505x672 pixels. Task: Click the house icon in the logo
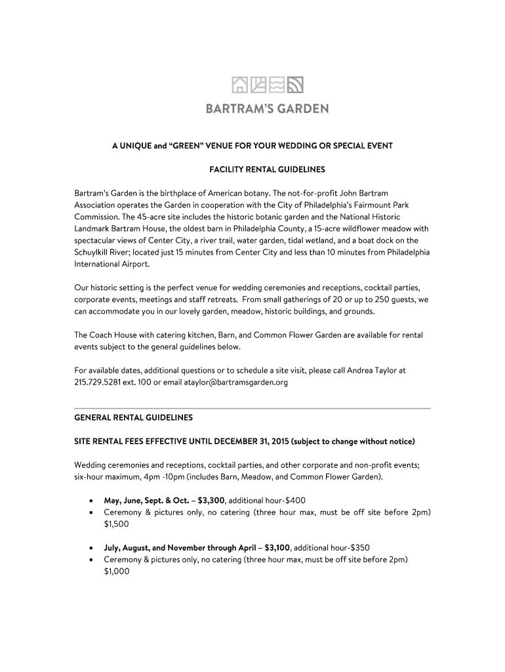click(x=241, y=85)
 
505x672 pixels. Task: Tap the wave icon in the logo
click(x=277, y=85)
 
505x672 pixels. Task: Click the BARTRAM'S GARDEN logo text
click(x=268, y=108)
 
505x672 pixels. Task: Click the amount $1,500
click(x=116, y=524)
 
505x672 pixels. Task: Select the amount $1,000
click(x=116, y=571)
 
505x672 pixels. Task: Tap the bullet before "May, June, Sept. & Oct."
click(x=90, y=500)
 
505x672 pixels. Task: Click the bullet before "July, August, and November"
click(x=90, y=547)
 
